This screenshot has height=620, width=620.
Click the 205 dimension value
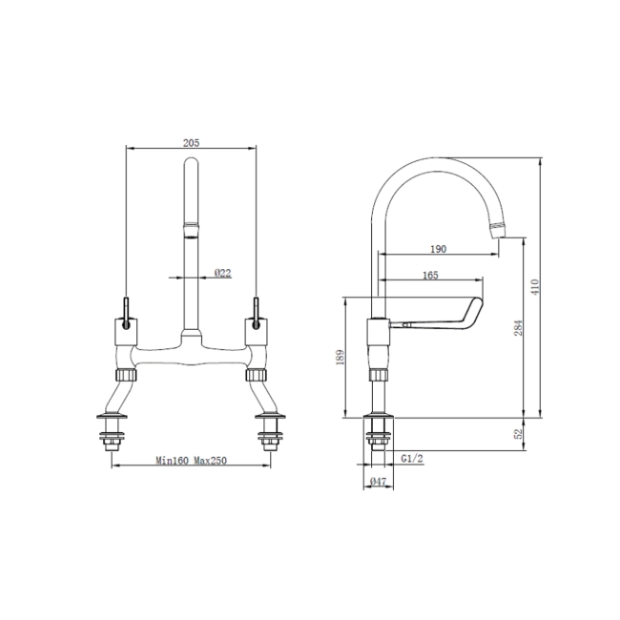coord(191,142)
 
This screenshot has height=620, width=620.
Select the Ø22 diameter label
coord(223,273)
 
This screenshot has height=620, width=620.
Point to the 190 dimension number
coord(438,248)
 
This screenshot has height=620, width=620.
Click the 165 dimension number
coord(429,276)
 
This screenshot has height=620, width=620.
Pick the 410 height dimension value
coord(535,286)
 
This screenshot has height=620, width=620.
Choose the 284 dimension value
coord(518,327)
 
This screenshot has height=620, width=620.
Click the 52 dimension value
coord(518,433)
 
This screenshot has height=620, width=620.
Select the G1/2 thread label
coord(412,459)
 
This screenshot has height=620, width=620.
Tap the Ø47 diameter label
coord(378,484)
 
